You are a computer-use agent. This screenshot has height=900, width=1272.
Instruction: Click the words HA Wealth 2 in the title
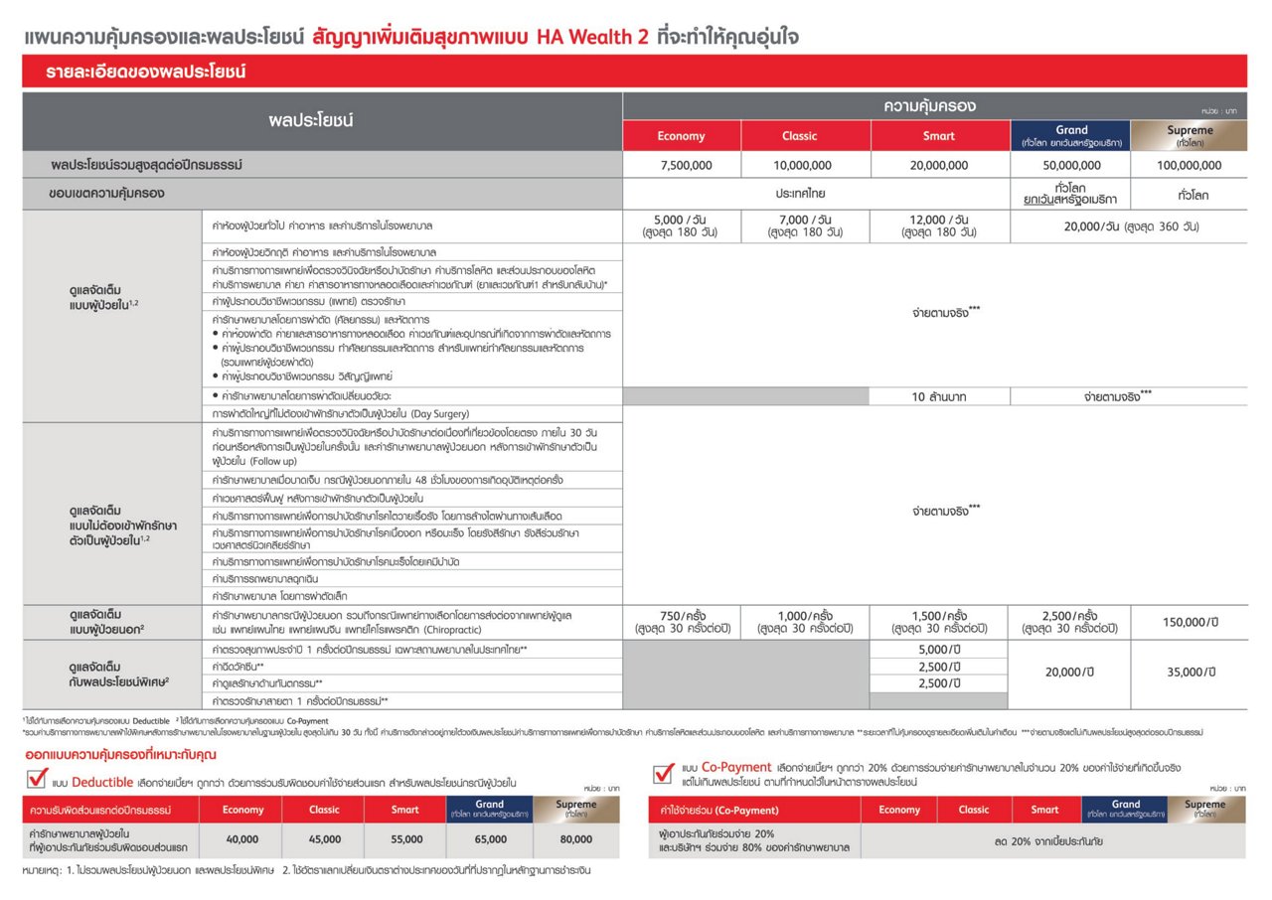(x=592, y=38)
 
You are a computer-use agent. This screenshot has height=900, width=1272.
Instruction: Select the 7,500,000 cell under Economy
(x=681, y=166)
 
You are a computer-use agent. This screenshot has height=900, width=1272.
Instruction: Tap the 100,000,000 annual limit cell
(x=1190, y=166)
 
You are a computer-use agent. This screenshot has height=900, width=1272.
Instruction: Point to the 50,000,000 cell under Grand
(x=1071, y=166)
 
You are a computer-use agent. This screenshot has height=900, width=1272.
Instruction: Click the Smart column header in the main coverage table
(x=938, y=136)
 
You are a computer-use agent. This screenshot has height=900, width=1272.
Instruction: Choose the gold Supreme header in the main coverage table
(x=1190, y=136)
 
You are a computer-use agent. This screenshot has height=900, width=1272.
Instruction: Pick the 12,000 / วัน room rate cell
(x=938, y=225)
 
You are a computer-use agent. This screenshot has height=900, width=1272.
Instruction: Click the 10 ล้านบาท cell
(x=938, y=396)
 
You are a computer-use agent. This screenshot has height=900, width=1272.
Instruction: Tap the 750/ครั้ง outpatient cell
(x=681, y=622)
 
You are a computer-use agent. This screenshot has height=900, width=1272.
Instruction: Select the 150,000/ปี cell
(x=1190, y=622)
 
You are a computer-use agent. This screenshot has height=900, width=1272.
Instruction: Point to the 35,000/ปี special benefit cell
(x=1190, y=673)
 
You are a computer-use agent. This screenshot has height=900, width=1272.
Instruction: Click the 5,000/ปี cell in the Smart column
(x=938, y=649)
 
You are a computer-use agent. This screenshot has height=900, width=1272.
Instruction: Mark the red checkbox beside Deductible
(x=36, y=779)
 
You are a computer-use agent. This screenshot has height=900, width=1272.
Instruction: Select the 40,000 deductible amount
(x=242, y=839)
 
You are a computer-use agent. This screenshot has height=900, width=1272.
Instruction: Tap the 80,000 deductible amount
(x=576, y=839)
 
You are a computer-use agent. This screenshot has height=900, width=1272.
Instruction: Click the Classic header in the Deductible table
(x=324, y=810)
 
